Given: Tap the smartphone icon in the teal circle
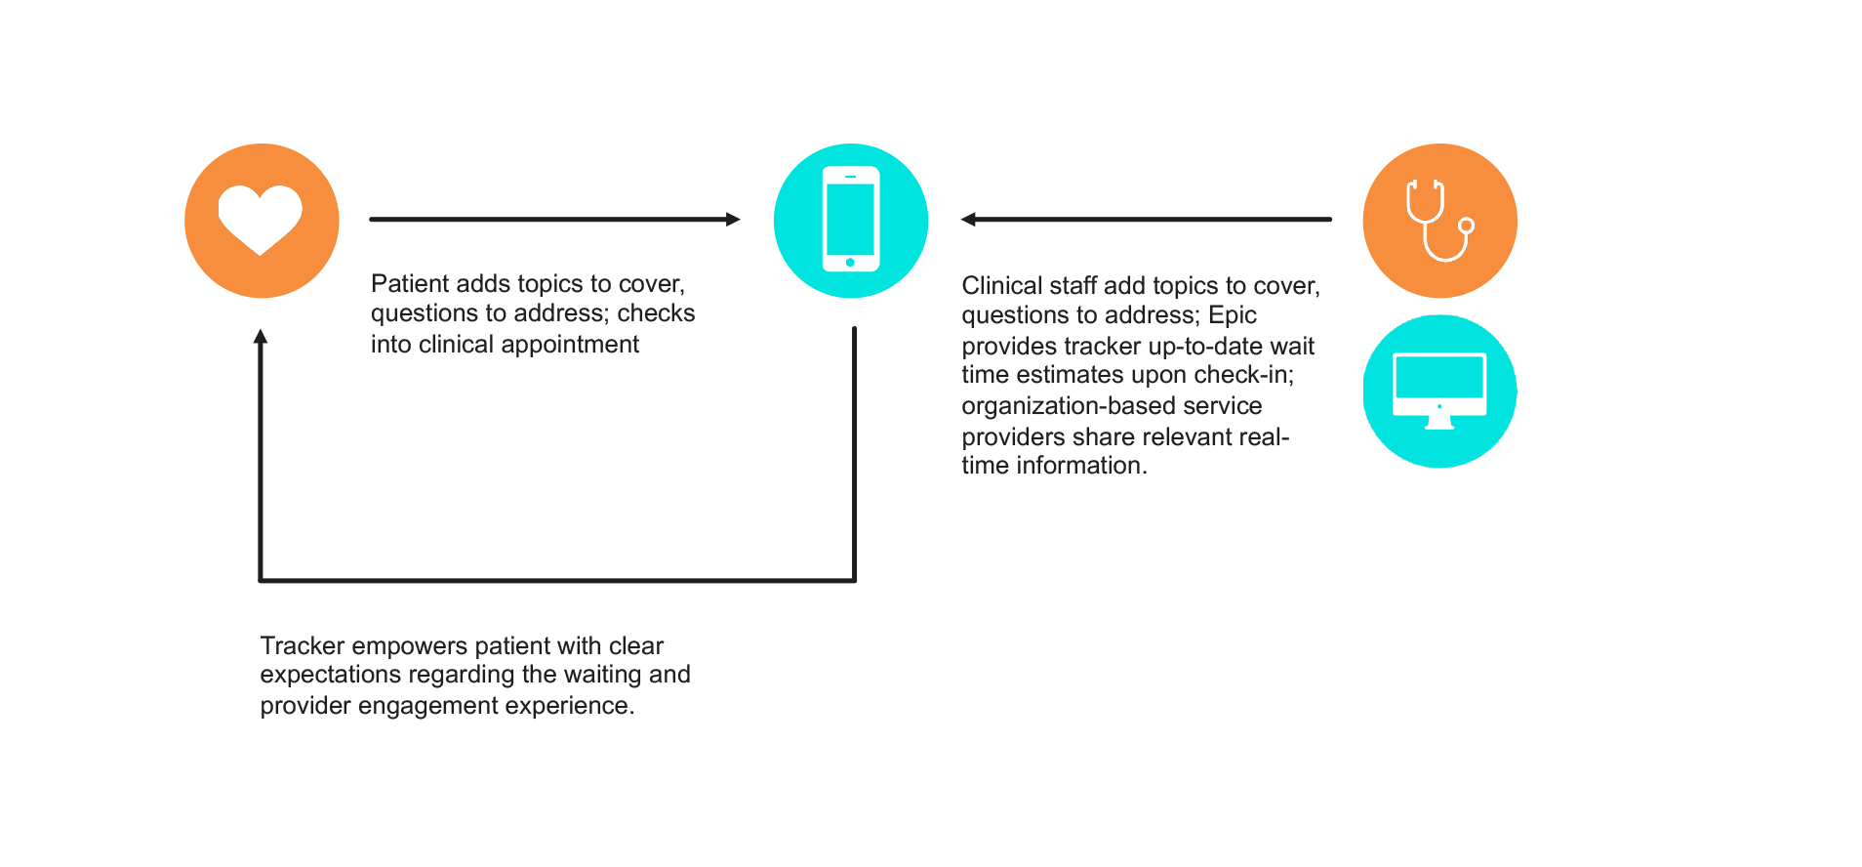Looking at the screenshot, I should [x=850, y=219].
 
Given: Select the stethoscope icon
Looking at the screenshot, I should [x=1439, y=220].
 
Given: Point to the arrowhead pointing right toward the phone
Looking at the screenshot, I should [x=733, y=220].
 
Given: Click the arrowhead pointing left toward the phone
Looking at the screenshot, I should [x=968, y=220].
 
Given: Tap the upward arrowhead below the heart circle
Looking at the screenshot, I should [x=261, y=337].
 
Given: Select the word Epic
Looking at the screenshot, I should [x=1232, y=316].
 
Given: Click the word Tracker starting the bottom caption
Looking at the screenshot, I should [x=302, y=646].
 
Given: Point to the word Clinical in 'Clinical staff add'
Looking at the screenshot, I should [x=1001, y=286].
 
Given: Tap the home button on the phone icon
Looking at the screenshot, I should [x=850, y=263].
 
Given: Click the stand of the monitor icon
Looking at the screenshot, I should [x=1439, y=423].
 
